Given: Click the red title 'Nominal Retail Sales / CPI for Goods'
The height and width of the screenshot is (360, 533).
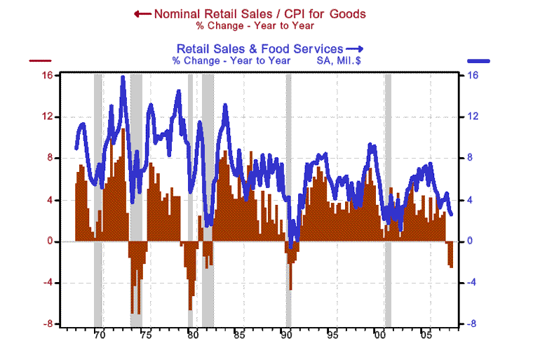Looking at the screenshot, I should click(x=259, y=13).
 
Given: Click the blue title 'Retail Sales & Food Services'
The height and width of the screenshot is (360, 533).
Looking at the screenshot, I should click(x=259, y=48).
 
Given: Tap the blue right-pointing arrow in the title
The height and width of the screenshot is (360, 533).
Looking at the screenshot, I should click(x=355, y=48).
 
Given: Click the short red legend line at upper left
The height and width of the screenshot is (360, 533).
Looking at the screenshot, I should click(x=41, y=61).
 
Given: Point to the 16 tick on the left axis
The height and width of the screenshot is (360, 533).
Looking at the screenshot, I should click(x=49, y=75).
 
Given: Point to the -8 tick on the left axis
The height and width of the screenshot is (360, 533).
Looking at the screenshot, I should click(x=49, y=324).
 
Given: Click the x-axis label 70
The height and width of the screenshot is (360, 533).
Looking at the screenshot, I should click(x=99, y=335).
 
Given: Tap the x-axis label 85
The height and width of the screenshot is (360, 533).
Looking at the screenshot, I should click(x=239, y=335).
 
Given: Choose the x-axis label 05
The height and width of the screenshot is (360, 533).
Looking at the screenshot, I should click(x=426, y=335).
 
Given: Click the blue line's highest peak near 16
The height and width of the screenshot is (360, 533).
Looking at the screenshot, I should click(x=123, y=77).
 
